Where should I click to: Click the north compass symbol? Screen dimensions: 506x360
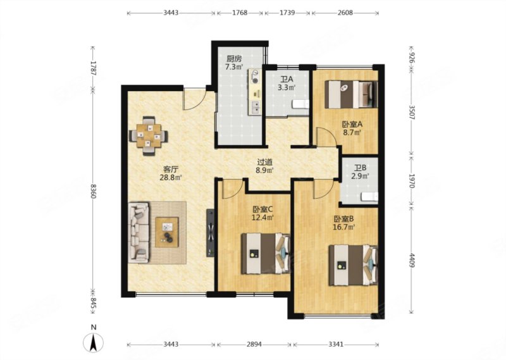(93, 342)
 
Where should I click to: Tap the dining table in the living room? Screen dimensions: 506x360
(149, 136)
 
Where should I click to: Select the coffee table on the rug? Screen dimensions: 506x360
(167, 232)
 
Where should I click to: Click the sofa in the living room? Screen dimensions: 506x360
(139, 232)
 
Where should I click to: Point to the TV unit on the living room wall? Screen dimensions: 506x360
(211, 233)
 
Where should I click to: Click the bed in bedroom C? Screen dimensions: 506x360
(265, 254)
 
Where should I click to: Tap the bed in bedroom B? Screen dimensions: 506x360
(353, 265)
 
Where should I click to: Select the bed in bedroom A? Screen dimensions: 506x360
(351, 94)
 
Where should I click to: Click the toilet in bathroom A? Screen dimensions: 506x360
(300, 104)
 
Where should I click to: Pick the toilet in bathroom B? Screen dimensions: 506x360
(369, 197)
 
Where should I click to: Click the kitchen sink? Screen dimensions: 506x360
(256, 107)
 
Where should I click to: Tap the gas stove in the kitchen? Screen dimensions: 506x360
(255, 77)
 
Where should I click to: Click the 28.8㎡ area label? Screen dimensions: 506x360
(171, 177)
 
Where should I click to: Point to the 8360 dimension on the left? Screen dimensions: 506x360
(93, 191)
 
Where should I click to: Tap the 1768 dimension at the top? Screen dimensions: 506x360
(240, 13)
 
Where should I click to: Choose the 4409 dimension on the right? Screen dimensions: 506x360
(412, 260)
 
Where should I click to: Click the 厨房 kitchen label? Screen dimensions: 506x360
(233, 59)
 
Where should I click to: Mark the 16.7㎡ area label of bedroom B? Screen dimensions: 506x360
(343, 227)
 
